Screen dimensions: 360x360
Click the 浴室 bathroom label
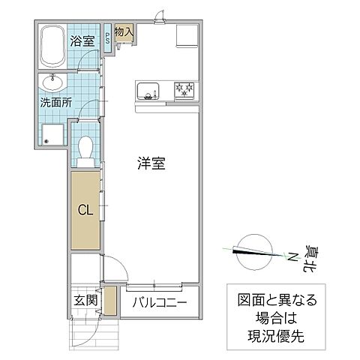tap(82, 40)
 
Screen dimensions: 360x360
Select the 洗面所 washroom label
tap(56, 103)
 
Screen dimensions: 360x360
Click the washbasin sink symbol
tap(52, 80)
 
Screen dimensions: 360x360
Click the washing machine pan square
tap(52, 136)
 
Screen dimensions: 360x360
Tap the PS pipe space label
tap(108, 38)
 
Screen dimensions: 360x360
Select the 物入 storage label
tap(124, 33)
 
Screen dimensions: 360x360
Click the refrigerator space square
tap(184, 36)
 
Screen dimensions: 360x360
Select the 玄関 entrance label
tap(85, 301)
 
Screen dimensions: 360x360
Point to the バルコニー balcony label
tap(160, 304)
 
